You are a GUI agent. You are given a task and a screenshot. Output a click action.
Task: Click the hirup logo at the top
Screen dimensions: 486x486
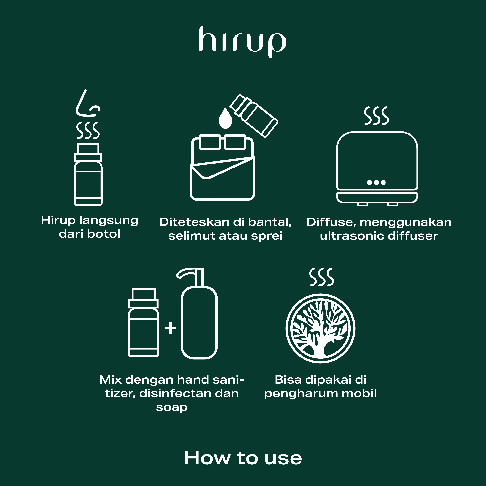pos(243,42)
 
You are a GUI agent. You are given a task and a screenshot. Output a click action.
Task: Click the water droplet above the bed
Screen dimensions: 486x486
pos(225,118)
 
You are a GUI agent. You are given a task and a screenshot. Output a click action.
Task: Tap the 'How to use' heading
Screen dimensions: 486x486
pos(243,458)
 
